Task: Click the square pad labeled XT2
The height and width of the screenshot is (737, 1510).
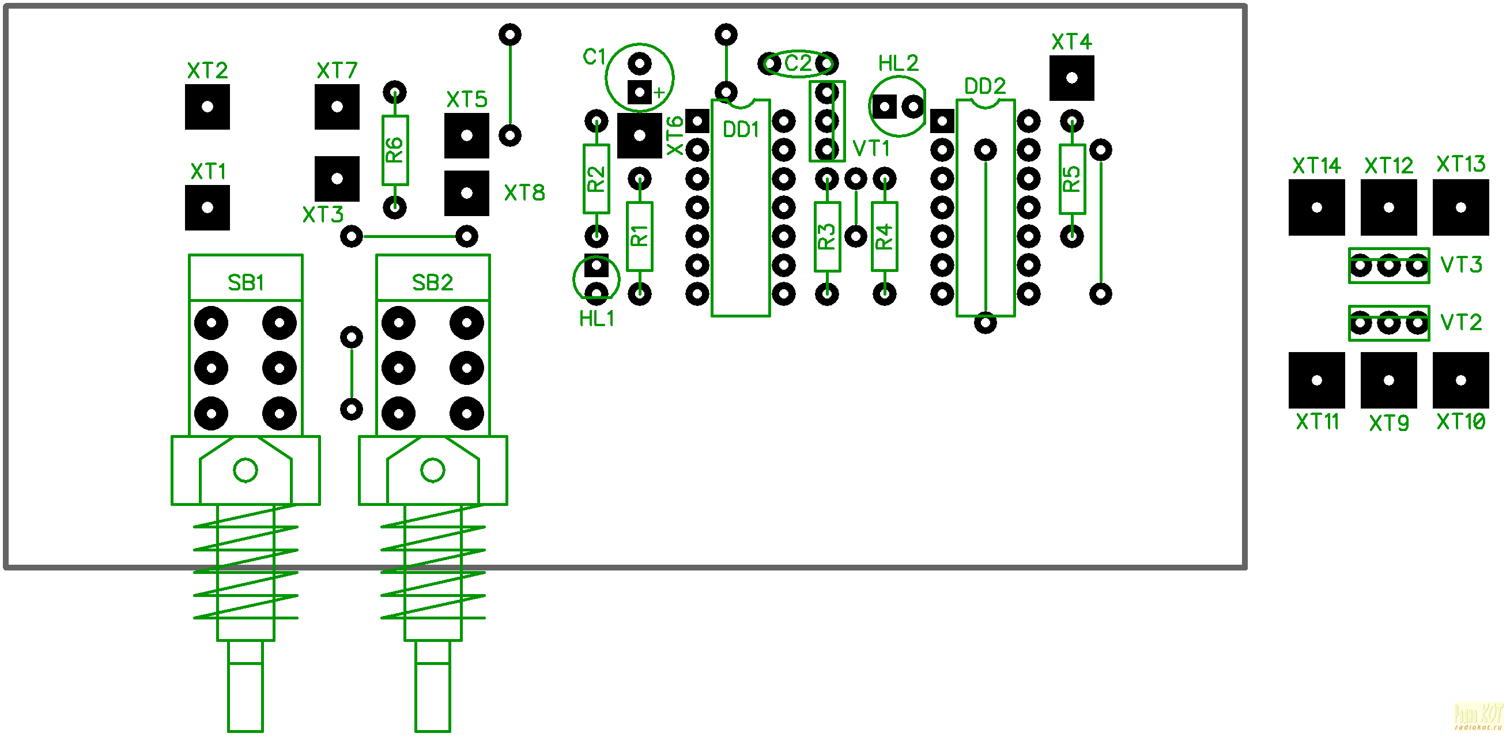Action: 207,107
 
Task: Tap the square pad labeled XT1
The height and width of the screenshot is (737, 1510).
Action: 207,207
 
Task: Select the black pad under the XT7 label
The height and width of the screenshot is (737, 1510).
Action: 337,107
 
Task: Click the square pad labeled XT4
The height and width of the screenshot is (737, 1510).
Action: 1071,78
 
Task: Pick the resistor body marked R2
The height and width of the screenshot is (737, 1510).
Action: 595,179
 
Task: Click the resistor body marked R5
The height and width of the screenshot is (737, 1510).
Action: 1071,179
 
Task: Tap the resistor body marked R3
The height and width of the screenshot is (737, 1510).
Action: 826,236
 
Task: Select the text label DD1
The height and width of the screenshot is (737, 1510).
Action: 741,130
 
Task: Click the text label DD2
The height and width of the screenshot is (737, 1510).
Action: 985,86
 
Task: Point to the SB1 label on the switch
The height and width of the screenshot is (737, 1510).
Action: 245,283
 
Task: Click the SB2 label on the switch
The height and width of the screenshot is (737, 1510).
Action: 432,283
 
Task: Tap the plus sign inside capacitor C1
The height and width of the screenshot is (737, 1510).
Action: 659,93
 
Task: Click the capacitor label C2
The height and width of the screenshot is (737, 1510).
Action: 797,63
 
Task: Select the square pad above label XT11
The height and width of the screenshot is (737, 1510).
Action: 1316,380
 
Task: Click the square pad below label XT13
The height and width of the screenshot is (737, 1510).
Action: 1460,207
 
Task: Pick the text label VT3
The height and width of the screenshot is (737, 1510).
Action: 1461,265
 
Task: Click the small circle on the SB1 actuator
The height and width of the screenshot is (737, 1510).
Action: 245,470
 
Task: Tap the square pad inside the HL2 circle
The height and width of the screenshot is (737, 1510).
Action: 884,107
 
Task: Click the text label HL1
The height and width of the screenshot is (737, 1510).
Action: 596,319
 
